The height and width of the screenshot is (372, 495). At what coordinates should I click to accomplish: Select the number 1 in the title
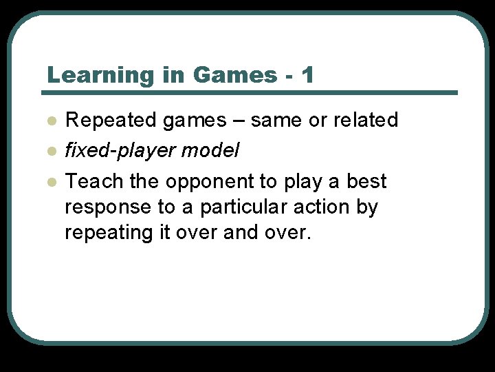click(307, 74)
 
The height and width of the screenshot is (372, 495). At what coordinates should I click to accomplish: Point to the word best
click(366, 181)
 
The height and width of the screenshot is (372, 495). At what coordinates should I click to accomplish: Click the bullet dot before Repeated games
click(51, 121)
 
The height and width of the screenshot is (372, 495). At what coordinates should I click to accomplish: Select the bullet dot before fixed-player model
click(51, 151)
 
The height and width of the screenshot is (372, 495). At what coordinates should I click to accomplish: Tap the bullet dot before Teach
click(51, 182)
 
